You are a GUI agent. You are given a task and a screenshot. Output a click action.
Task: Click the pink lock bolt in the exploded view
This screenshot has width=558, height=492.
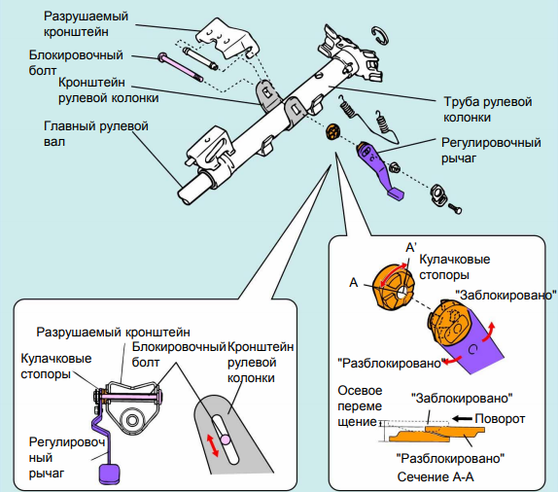click(x=181, y=67)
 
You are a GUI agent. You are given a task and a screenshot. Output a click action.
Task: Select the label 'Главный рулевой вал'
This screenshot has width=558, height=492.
click(x=95, y=134)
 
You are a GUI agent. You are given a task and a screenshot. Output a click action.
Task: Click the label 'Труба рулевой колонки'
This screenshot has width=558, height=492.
click(x=487, y=109)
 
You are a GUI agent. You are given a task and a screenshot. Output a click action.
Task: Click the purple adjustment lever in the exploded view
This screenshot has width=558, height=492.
click(x=378, y=168)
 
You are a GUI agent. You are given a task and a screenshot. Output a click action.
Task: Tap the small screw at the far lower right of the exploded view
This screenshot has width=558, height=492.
click(x=454, y=208)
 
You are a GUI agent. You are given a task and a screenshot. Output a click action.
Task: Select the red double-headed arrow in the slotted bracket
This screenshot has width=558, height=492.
click(x=213, y=444)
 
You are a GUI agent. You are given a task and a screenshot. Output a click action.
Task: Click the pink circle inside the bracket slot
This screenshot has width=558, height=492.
click(x=225, y=440)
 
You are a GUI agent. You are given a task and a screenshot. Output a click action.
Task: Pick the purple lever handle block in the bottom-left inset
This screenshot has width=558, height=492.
click(x=109, y=474)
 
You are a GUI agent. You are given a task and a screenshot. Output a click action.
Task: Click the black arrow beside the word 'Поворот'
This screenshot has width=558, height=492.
click(x=462, y=419)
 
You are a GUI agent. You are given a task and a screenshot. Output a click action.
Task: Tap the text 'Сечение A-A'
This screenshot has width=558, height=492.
click(x=436, y=477)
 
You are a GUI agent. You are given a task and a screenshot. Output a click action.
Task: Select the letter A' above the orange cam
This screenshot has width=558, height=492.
click(x=411, y=247)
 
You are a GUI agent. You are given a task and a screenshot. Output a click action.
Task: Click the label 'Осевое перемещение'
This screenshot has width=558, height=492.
click(x=360, y=405)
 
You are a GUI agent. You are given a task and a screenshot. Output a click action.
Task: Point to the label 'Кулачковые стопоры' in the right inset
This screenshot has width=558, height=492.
click(x=454, y=266)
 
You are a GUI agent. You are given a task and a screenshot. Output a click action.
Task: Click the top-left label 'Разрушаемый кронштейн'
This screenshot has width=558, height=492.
click(x=86, y=24)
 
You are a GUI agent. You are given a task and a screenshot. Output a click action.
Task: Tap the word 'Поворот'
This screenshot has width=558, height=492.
click(x=500, y=419)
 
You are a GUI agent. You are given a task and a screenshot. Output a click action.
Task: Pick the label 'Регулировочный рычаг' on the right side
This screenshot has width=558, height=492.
click(x=491, y=150)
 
